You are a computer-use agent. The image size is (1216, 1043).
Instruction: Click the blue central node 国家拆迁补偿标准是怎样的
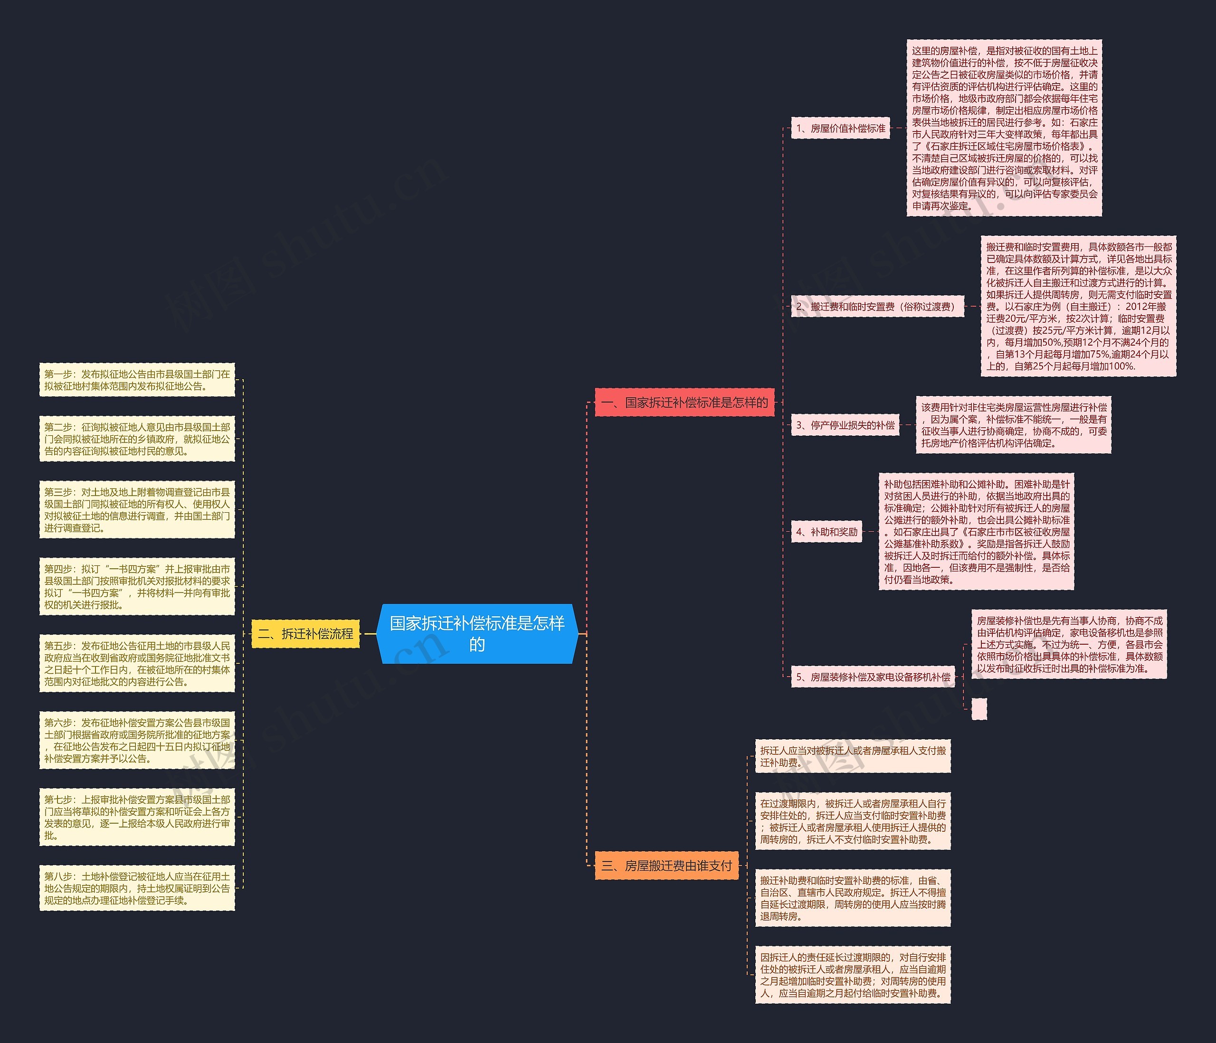pos(477,634)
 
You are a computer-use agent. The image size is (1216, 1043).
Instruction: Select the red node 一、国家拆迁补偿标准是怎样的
pos(684,403)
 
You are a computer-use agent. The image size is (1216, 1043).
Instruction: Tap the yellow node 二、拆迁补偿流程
pos(305,634)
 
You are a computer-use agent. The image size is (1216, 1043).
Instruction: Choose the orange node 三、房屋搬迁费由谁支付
pos(667,865)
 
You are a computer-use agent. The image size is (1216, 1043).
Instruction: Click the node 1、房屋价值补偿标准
pos(840,128)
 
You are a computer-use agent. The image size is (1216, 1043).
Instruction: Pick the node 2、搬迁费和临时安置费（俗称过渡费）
pos(877,306)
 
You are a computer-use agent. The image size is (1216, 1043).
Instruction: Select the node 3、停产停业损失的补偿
pos(845,425)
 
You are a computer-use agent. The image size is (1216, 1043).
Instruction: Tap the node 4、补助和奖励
pos(826,532)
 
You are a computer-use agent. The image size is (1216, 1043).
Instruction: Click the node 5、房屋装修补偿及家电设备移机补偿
pos(873,677)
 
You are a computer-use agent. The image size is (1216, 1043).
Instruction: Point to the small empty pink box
pos(979,709)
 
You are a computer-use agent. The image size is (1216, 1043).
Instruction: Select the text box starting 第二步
pos(137,439)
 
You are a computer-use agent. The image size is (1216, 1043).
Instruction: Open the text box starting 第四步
pos(137,587)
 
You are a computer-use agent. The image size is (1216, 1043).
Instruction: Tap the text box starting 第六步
pos(137,740)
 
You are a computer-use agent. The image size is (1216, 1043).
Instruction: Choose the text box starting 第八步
pos(137,888)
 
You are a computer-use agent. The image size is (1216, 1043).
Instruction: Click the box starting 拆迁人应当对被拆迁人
pos(853,756)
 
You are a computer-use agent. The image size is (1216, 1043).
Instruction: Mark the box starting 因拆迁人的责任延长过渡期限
pos(853,975)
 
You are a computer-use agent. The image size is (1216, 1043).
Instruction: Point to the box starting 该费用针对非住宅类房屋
pos(1014,425)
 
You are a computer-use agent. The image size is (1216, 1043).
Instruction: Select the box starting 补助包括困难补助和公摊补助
pos(977,532)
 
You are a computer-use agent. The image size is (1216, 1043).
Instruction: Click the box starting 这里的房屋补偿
pos(1004,128)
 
